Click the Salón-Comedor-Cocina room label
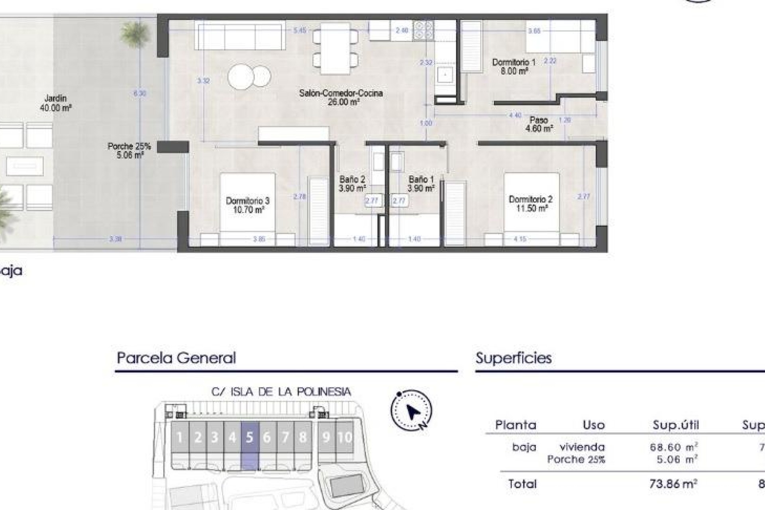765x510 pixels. [341, 97]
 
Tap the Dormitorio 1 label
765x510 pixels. [514, 67]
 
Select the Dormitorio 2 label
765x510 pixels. [530, 204]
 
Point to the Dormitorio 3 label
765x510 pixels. [247, 205]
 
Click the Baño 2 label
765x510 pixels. [352, 184]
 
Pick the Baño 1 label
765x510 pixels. [421, 184]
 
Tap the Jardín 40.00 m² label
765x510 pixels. [55, 102]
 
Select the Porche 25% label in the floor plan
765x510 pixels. [129, 151]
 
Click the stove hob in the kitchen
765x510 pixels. [423, 30]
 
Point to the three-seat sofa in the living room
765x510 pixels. [240, 35]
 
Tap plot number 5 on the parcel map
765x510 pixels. [250, 437]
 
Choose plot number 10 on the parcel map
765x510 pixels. [345, 437]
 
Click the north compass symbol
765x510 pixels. [411, 411]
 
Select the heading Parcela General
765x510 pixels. [176, 358]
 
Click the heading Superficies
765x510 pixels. [513, 358]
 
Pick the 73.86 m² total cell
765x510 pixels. [673, 484]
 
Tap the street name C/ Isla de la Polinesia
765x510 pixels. [281, 392]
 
